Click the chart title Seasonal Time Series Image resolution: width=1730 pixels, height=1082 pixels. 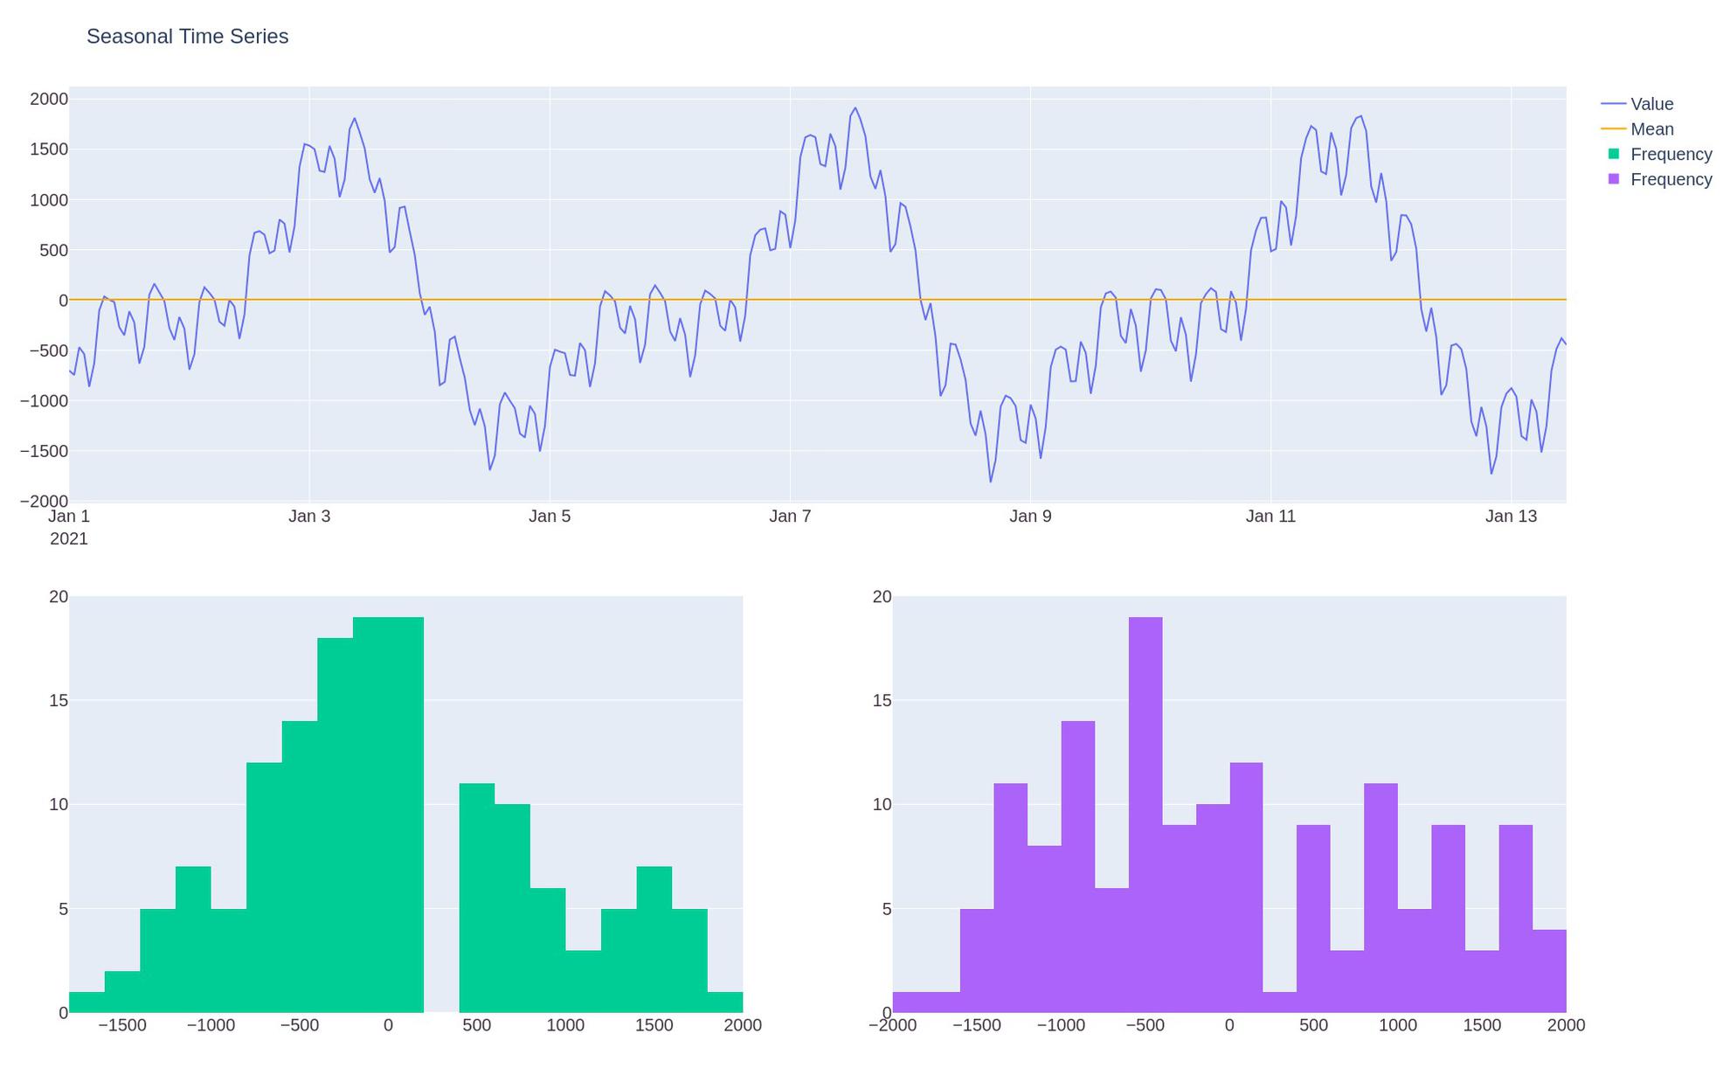coord(187,37)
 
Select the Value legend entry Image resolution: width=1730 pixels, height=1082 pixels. coord(1650,104)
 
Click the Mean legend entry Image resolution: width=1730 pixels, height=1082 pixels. coord(1650,129)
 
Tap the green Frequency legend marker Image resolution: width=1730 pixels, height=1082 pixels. coord(1614,154)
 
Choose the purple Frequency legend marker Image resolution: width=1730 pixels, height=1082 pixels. coord(1614,179)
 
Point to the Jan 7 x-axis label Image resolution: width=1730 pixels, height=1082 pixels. coord(790,517)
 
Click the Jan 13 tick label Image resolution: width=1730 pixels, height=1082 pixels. coord(1511,517)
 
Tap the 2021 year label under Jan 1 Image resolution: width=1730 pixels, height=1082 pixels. coord(69,539)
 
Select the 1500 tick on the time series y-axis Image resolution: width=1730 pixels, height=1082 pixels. coord(49,149)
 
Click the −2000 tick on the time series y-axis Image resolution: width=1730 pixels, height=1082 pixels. coord(44,502)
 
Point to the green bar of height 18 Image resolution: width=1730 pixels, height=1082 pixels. coord(335,825)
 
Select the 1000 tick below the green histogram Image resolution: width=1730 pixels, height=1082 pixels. coord(565,1025)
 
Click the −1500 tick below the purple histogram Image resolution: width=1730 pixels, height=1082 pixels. coord(976,1025)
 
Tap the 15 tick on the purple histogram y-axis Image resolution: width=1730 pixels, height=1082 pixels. coord(882,701)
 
